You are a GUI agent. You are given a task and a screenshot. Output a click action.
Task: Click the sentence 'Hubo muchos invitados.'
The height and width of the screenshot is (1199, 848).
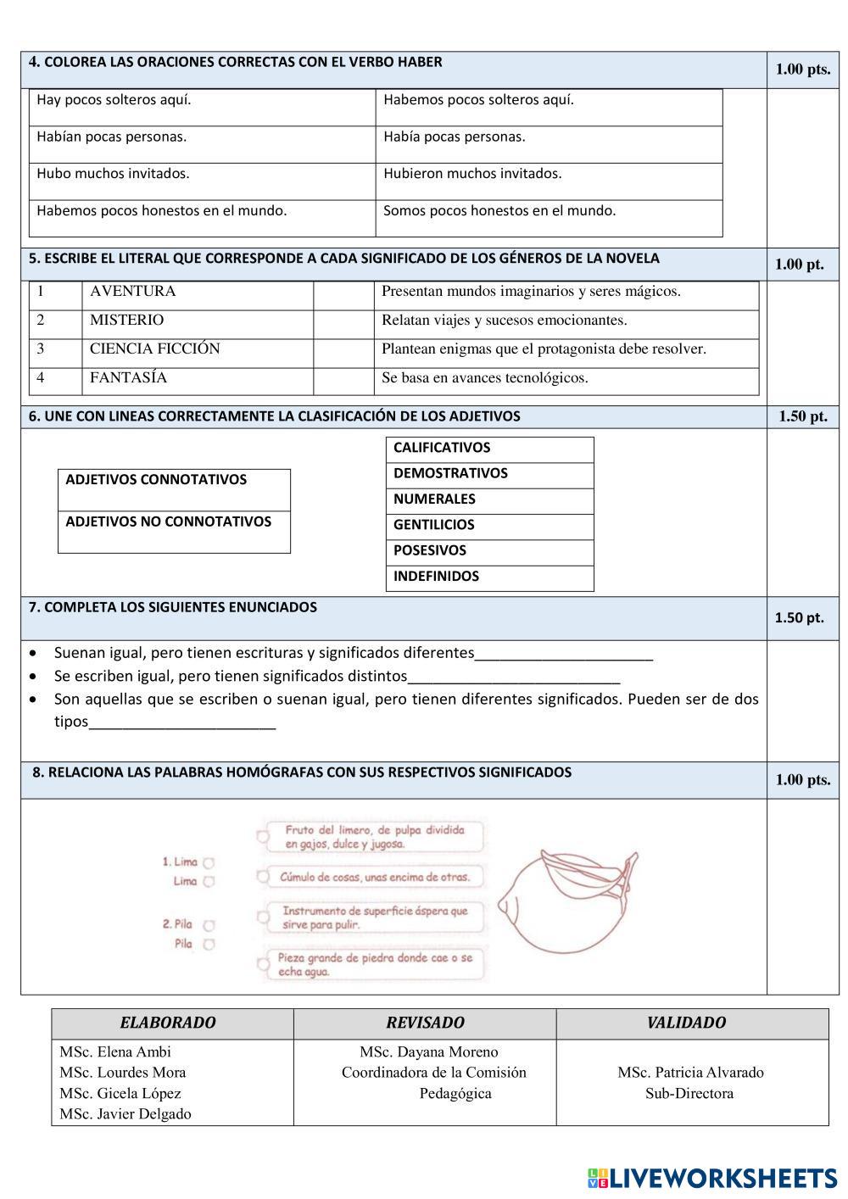pos(113,174)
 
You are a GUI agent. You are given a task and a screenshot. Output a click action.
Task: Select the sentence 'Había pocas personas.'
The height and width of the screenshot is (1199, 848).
pos(454,137)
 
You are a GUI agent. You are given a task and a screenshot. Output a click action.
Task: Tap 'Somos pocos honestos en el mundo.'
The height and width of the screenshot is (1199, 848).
pos(499,211)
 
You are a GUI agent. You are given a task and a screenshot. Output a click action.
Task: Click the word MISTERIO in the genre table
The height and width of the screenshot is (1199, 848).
pos(127,321)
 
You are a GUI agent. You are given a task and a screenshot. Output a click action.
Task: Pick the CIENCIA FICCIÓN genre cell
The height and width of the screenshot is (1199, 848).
pos(154,349)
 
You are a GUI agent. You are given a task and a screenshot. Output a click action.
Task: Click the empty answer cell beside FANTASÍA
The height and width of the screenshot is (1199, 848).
pos(343,379)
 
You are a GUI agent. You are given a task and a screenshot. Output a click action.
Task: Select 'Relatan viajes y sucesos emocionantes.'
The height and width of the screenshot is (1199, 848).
pos(504,321)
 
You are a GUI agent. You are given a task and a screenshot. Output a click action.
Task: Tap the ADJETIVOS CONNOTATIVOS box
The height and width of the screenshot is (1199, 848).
pos(174,489)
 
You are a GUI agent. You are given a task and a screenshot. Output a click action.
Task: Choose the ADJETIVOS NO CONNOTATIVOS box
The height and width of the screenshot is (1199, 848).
pos(174,531)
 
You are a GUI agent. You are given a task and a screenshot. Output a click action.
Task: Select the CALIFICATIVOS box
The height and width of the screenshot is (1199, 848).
pos(489,449)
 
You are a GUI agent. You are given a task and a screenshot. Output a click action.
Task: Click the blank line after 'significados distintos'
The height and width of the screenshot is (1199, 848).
pos(514,678)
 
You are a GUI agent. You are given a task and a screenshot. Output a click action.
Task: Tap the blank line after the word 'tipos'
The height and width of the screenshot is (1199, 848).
pos(182,723)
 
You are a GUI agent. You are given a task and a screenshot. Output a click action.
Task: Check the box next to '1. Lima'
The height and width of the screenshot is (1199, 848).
pos(209,862)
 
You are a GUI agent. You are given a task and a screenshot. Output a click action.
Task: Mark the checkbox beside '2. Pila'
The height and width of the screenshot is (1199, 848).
pos(209,925)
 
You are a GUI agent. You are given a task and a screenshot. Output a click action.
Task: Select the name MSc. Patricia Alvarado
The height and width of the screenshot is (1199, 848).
pos(690,1073)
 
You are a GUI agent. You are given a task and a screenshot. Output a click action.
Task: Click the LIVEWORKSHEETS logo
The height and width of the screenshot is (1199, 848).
pos(711,1178)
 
